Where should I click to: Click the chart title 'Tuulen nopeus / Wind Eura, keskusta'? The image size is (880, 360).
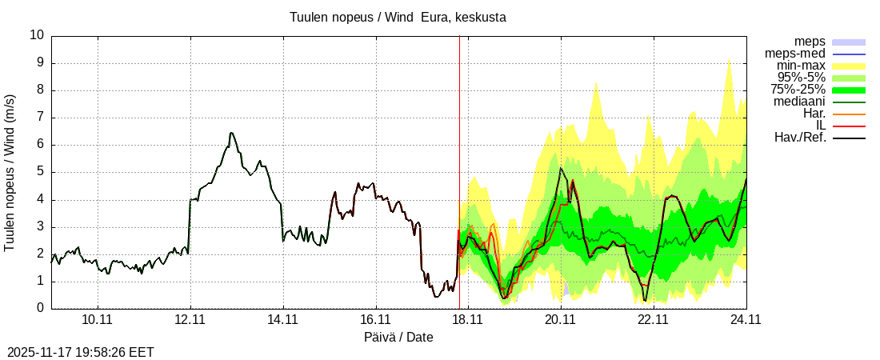click(x=398, y=17)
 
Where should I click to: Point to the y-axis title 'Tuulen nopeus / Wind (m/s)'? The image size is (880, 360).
click(x=10, y=172)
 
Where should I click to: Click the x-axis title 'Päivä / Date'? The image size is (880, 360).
click(x=398, y=337)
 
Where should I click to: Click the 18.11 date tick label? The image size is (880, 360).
click(x=468, y=319)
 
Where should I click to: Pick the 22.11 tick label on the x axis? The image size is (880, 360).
click(x=653, y=319)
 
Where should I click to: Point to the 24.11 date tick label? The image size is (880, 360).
click(x=746, y=319)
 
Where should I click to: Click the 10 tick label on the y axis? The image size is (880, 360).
click(x=37, y=35)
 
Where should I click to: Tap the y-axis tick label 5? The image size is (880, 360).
click(x=41, y=172)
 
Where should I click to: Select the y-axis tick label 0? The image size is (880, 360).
click(x=41, y=308)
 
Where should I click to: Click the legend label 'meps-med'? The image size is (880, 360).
click(x=795, y=54)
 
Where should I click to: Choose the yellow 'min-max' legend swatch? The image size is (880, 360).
click(x=849, y=66)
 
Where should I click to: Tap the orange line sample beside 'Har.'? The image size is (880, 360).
click(x=849, y=114)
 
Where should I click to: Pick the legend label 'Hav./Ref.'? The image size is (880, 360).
click(x=800, y=138)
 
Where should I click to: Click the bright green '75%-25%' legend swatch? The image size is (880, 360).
click(x=849, y=90)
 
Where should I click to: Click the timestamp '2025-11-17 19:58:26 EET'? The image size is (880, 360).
click(x=80, y=352)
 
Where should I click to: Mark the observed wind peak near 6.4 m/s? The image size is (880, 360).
click(x=230, y=133)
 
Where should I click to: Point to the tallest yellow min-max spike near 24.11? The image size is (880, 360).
click(x=728, y=59)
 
